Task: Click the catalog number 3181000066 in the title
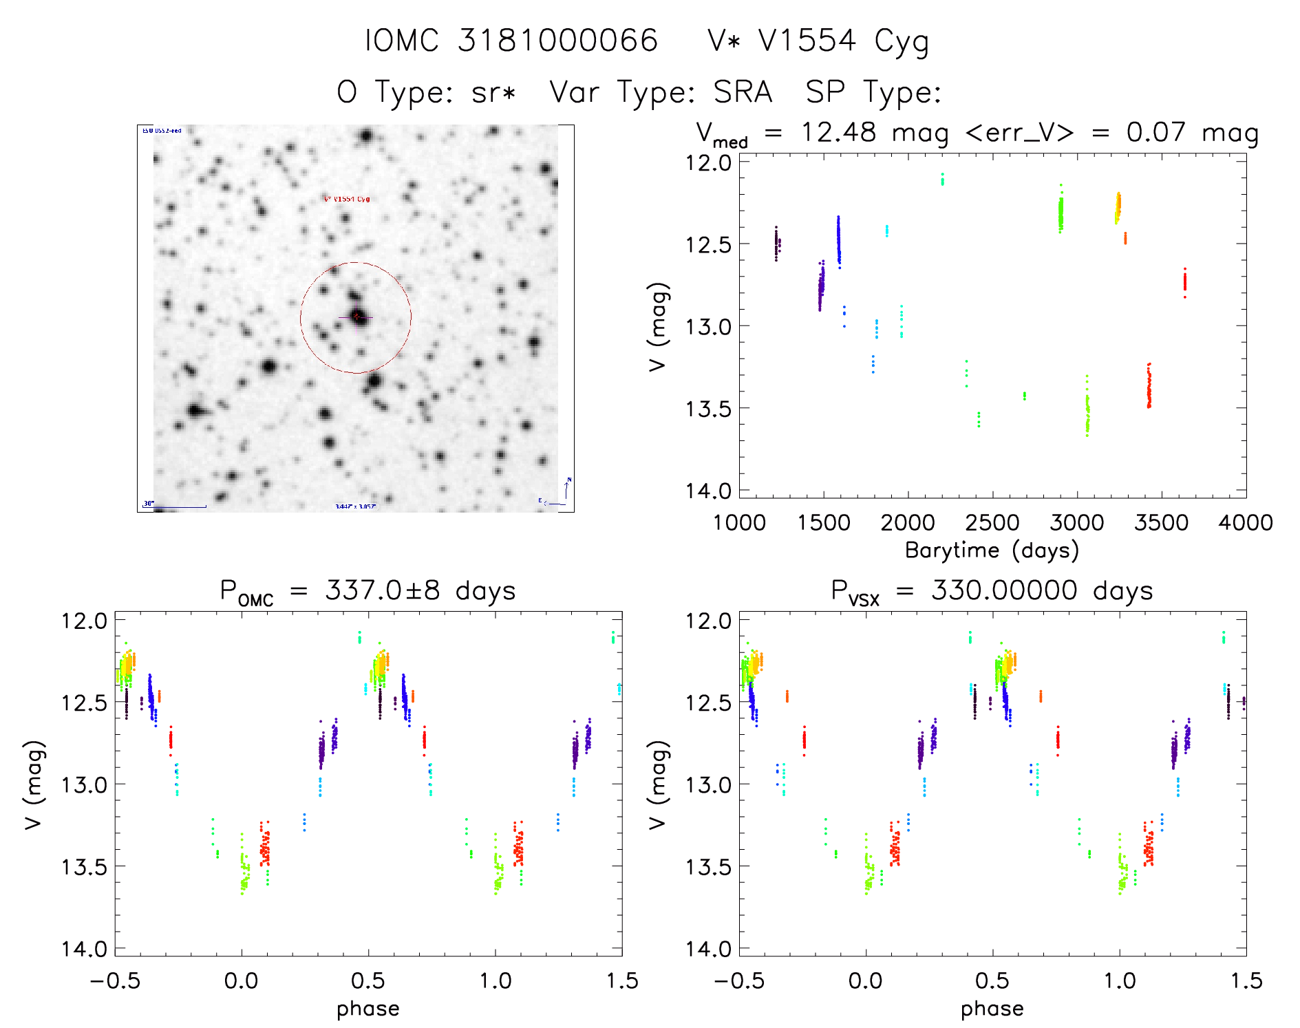(557, 41)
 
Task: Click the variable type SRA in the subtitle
(743, 92)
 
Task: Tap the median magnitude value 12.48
(838, 132)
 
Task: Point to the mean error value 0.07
(1156, 132)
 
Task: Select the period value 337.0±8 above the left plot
(382, 590)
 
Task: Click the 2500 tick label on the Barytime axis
(992, 522)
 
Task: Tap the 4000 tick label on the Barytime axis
(1245, 522)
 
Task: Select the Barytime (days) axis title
(992, 550)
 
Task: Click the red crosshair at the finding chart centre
(356, 317)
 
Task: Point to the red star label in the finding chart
(347, 199)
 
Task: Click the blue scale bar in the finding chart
(180, 507)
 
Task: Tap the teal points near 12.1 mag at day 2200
(942, 179)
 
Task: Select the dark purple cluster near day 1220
(776, 243)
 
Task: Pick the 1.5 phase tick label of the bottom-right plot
(1246, 981)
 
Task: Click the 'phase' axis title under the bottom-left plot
(367, 1008)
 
